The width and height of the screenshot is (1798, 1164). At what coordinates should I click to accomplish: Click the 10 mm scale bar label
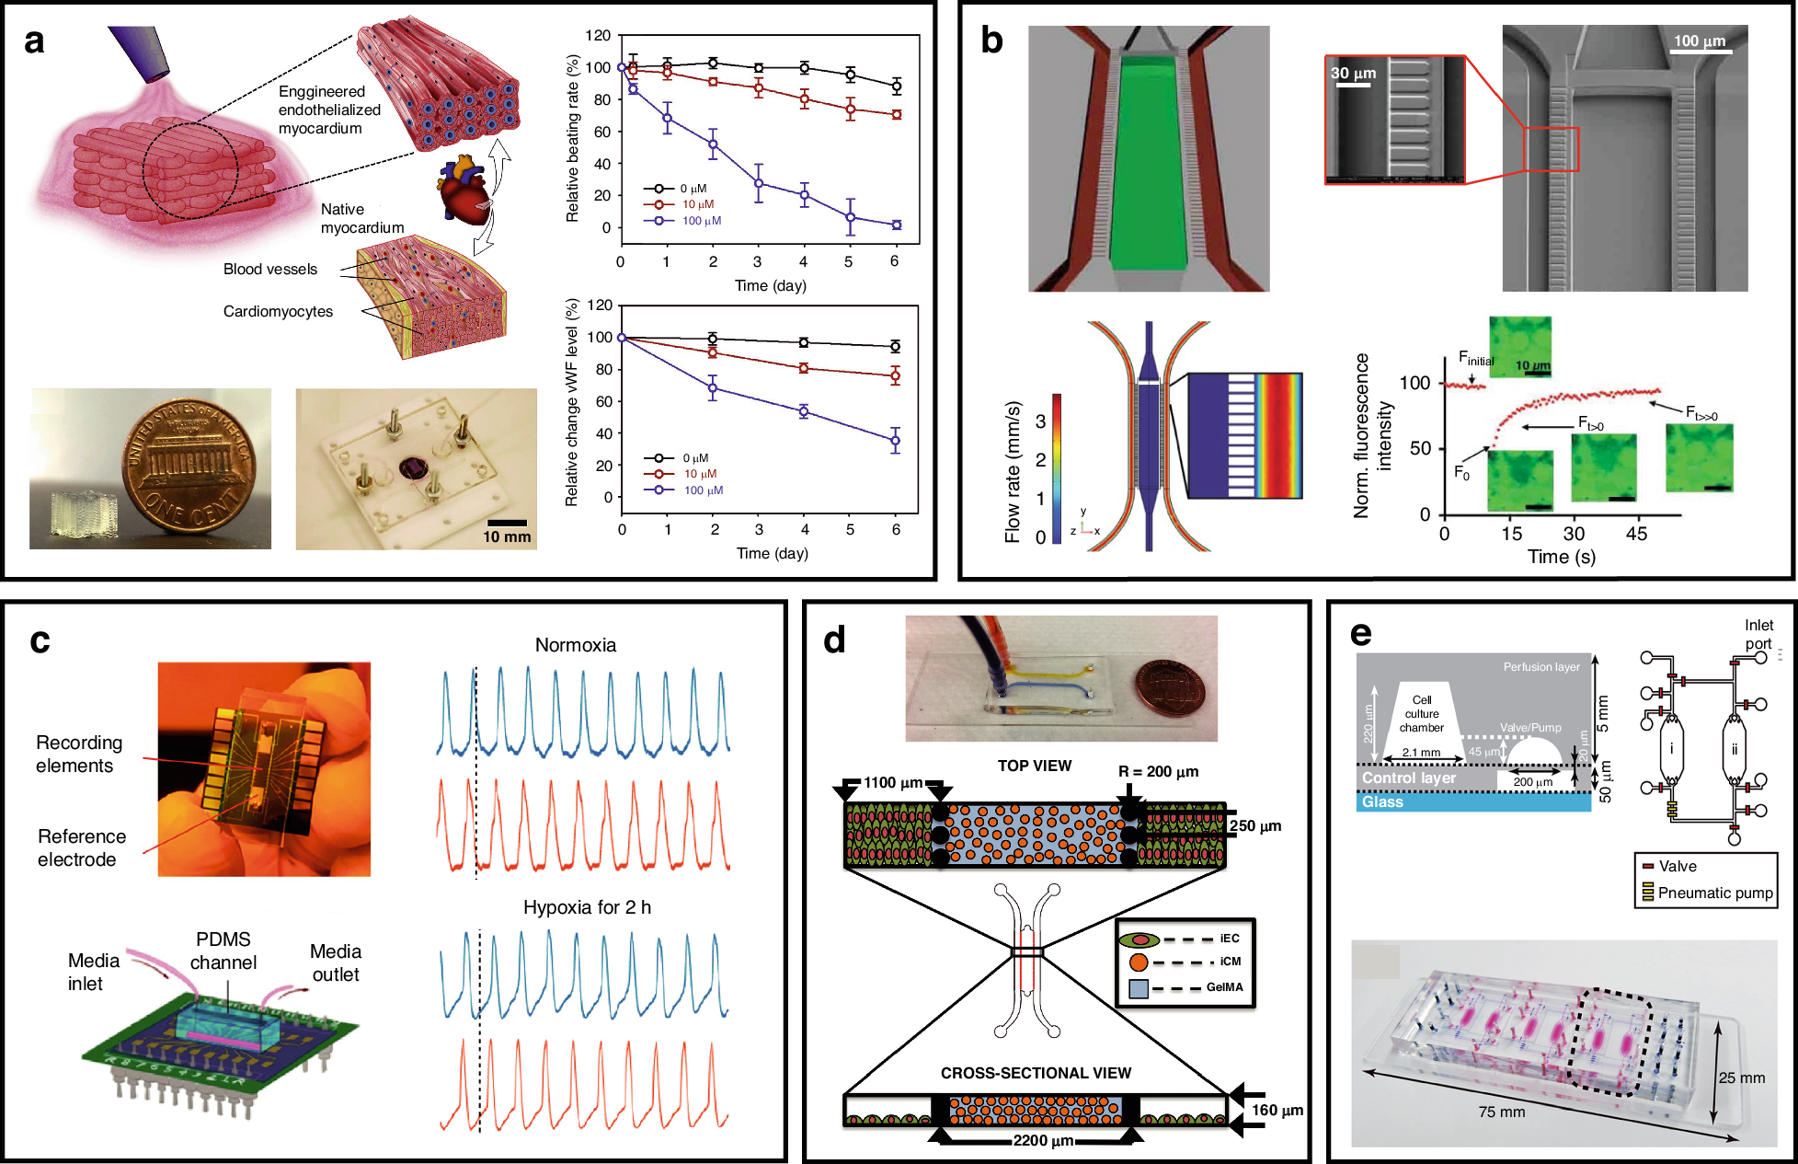click(507, 537)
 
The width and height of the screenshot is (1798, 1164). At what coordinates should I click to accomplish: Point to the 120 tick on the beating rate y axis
click(598, 36)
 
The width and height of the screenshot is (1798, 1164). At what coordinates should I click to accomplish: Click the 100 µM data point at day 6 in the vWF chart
click(895, 442)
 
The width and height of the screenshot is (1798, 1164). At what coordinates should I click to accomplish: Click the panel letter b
click(991, 40)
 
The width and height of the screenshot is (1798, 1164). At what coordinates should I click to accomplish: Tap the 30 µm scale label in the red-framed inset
click(1353, 74)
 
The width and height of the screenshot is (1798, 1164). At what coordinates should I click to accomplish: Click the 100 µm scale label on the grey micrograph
click(1699, 41)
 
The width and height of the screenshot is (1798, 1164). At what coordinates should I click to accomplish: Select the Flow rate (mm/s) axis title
click(1013, 472)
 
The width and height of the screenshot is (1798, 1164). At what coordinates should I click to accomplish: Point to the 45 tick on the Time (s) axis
click(1636, 534)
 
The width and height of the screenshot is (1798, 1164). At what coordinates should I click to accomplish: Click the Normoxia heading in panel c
click(576, 645)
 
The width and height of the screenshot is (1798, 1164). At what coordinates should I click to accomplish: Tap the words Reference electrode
click(81, 847)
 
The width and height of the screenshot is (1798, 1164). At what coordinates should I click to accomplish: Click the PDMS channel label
click(223, 951)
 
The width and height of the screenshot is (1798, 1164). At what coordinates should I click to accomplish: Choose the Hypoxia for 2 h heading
click(587, 907)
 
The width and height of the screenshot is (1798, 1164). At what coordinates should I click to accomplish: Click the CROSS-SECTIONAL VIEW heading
click(1036, 1073)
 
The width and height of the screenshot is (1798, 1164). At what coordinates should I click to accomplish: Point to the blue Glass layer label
click(1382, 802)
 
